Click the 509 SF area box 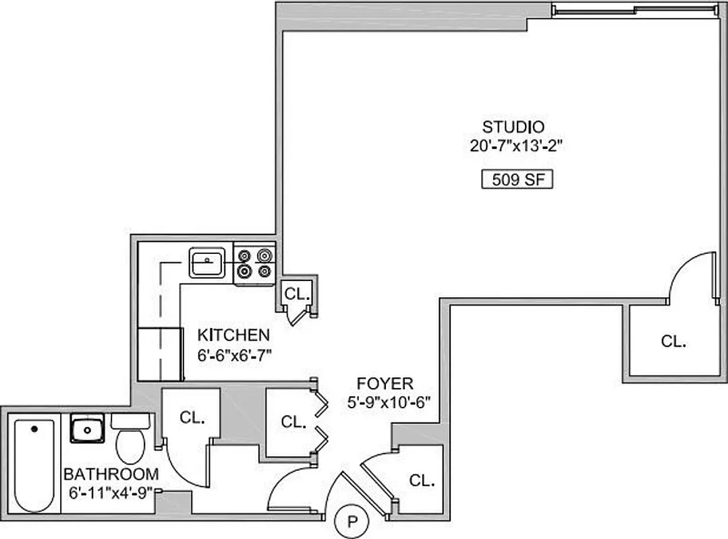516,181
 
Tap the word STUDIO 513,126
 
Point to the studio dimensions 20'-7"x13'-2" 517,146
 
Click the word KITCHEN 233,335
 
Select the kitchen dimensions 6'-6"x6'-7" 235,355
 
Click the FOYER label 385,384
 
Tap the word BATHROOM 111,474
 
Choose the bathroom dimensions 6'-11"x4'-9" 111,492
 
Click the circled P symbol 352,521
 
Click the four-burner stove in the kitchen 255,263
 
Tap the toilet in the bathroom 130,440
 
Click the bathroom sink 86,429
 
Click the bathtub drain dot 34,429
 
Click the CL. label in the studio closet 673,341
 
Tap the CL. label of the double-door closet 293,422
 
